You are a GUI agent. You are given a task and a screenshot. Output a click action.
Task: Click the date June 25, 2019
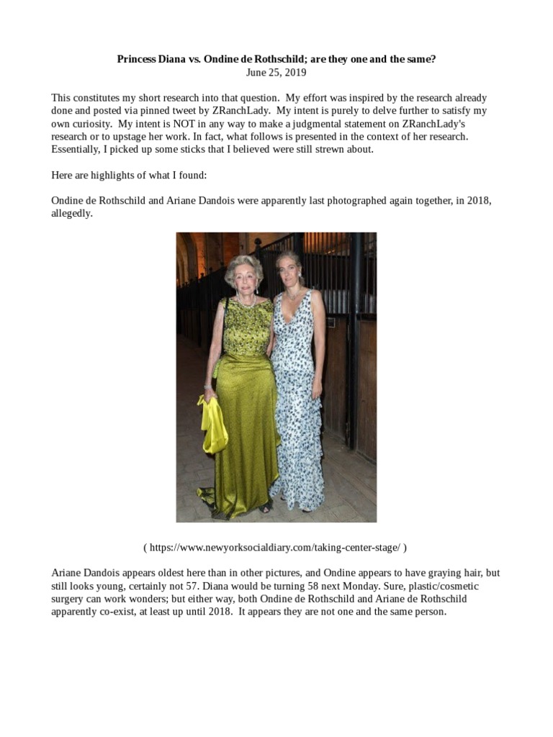tap(276, 72)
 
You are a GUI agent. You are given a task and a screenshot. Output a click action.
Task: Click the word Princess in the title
tap(138, 59)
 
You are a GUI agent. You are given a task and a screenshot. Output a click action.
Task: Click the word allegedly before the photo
tap(71, 214)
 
